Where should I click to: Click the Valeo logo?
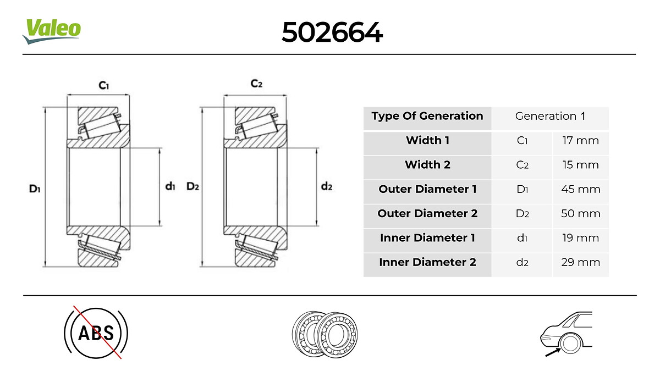click(52, 31)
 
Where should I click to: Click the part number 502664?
click(332, 32)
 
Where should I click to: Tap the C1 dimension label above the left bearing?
click(104, 85)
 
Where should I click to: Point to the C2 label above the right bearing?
click(256, 84)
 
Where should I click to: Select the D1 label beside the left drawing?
click(35, 189)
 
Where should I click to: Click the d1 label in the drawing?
click(170, 186)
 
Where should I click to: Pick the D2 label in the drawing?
click(193, 186)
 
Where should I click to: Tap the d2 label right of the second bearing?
click(327, 186)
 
